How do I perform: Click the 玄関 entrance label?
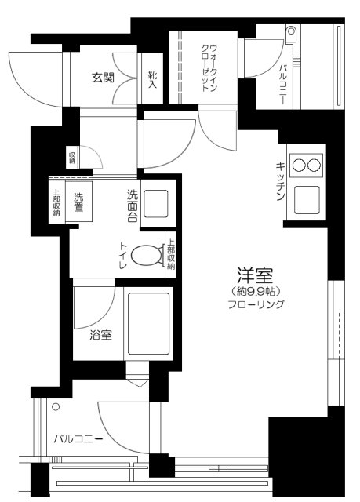coord(103,77)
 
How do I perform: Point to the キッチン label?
coord(280,182)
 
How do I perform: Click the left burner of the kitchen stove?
coord(299,165)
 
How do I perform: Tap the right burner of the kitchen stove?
coord(314,165)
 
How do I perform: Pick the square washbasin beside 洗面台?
coord(157,206)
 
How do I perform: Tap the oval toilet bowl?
coord(147,255)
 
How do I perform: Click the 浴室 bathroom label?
coord(100,336)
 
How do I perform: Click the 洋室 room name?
coord(255,277)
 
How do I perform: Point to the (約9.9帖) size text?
coord(256,291)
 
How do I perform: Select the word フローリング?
coord(256,304)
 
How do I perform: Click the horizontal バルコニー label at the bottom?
coord(78,438)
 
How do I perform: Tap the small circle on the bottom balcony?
coord(56,406)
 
